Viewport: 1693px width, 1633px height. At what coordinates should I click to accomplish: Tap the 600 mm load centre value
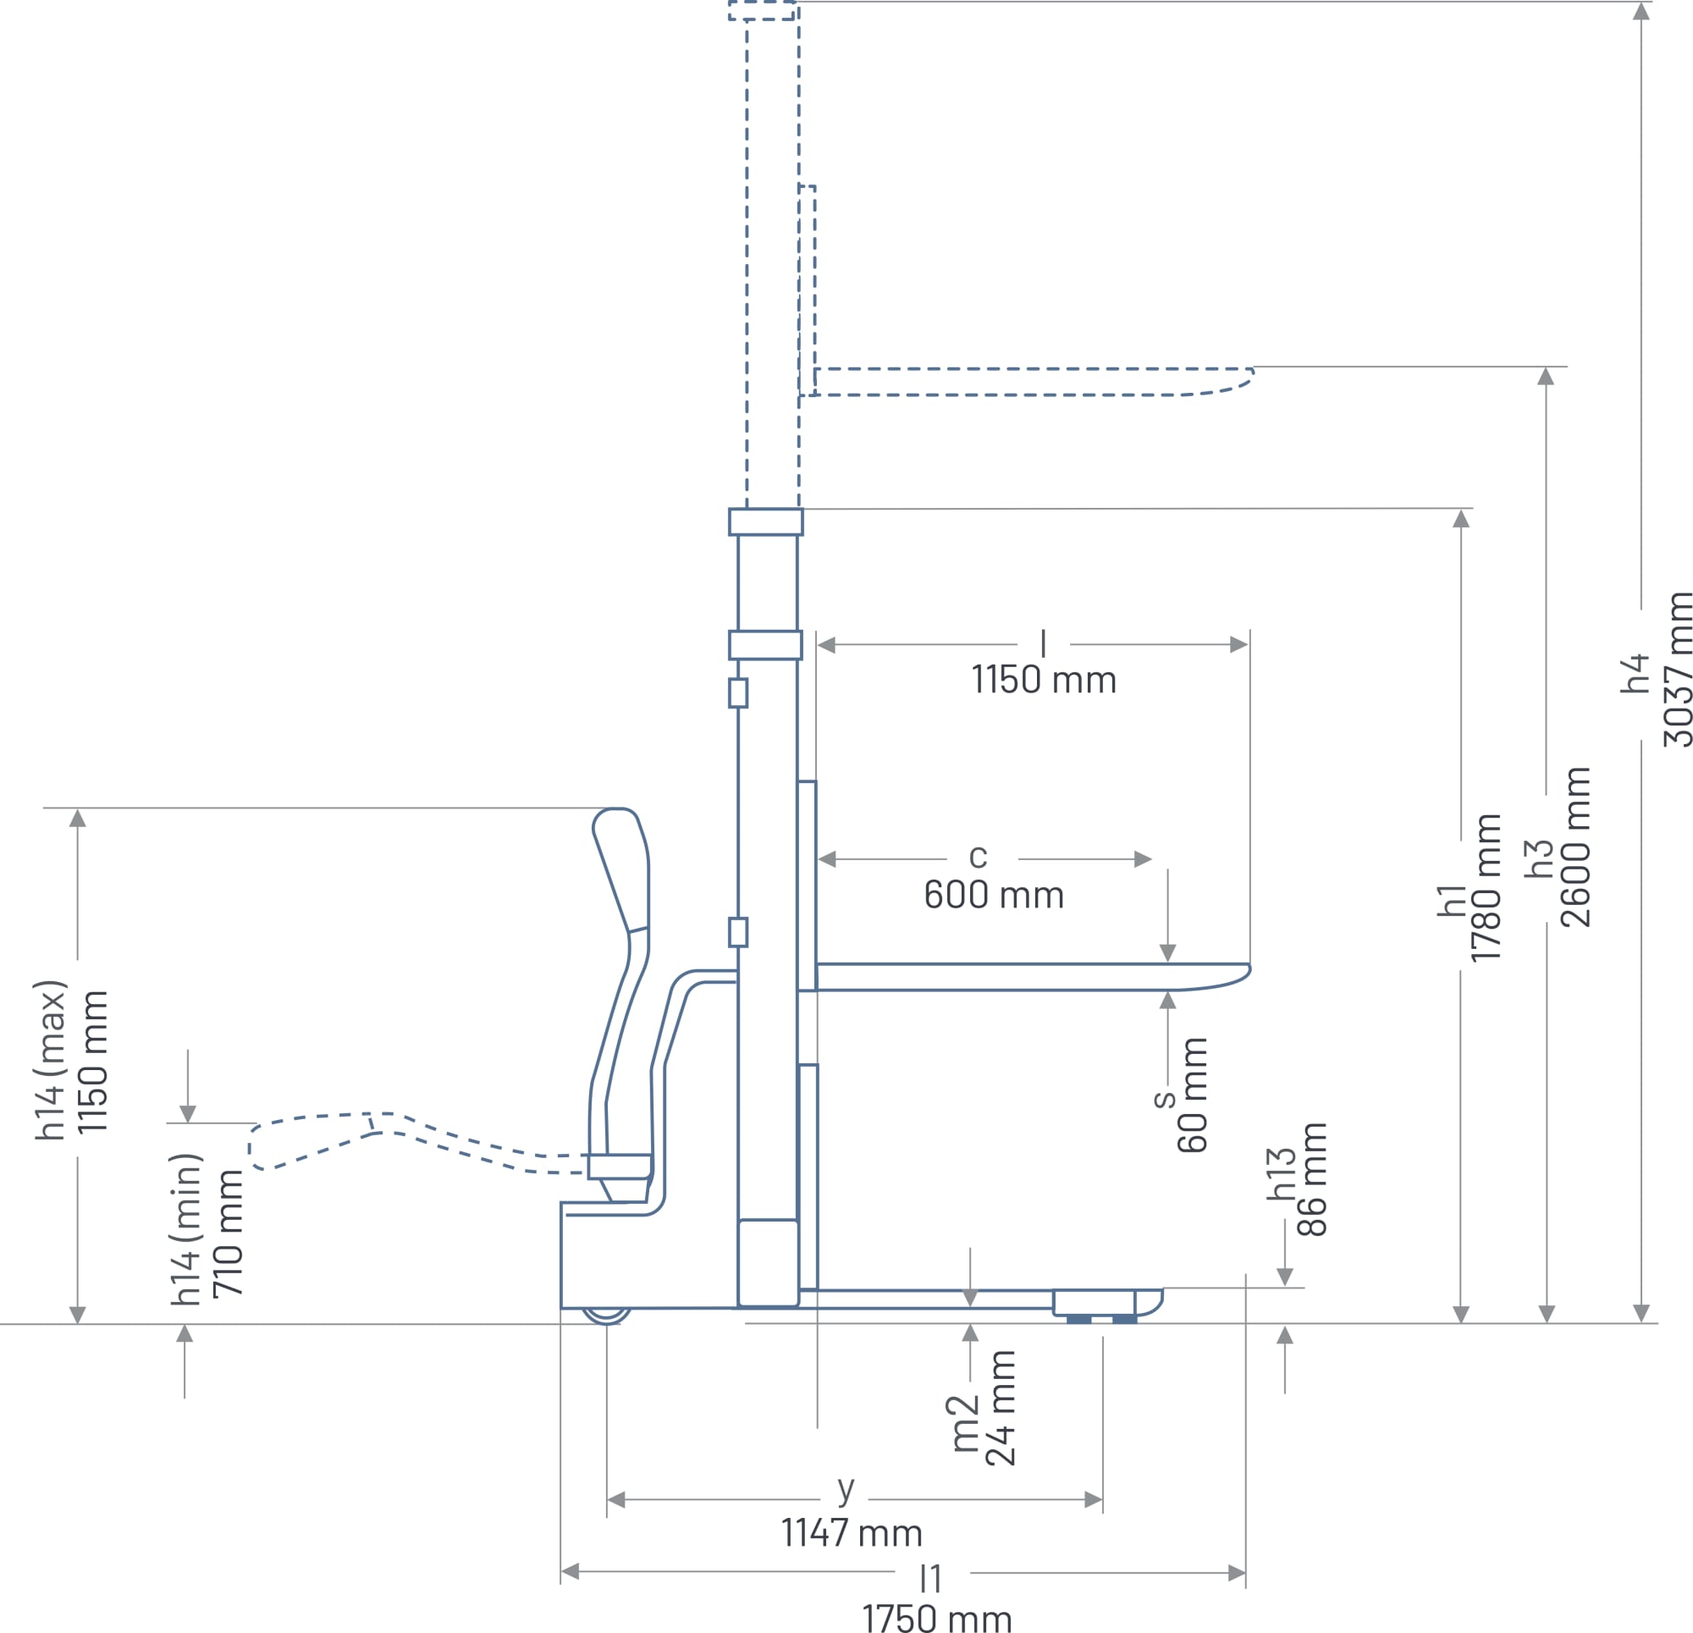(x=993, y=895)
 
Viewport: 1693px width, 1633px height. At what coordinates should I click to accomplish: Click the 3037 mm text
(x=1678, y=670)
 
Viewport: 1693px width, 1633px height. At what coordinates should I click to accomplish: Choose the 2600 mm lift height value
(x=1576, y=847)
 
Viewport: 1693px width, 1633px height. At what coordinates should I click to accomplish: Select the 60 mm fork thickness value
(x=1193, y=1095)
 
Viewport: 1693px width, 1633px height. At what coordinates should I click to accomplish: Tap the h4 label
(x=1635, y=674)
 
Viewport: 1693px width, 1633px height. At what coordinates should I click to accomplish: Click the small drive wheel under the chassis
(x=605, y=1315)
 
